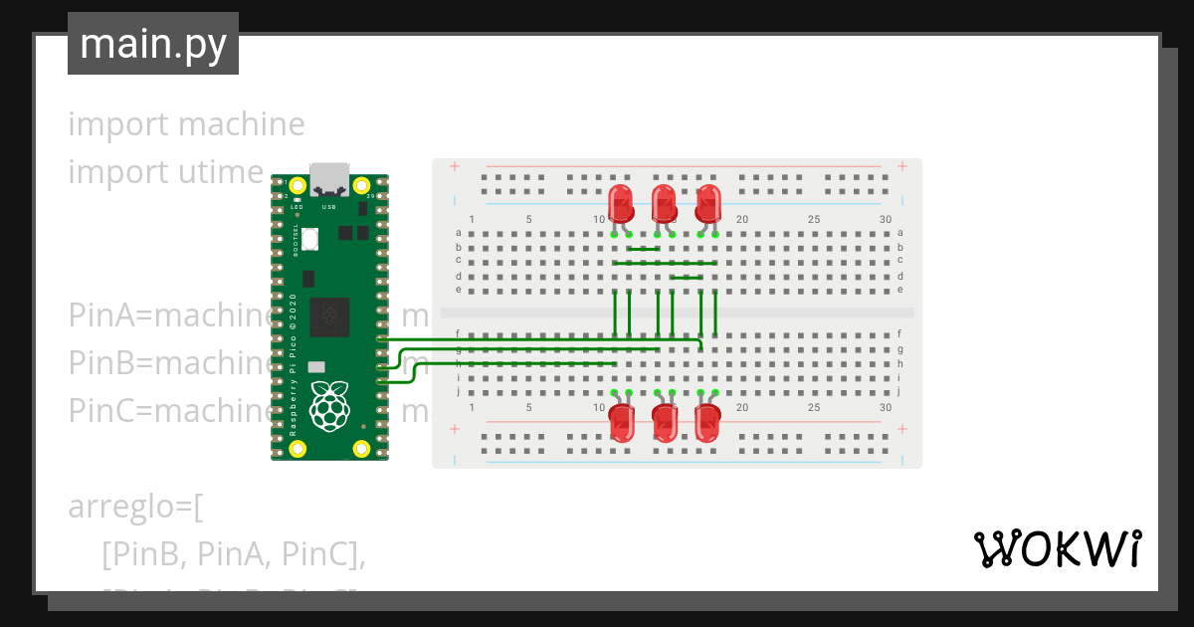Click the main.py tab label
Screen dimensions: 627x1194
pyautogui.click(x=152, y=45)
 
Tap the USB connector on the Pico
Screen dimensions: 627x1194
pyautogui.click(x=329, y=180)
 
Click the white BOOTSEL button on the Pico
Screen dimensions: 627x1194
pyautogui.click(x=310, y=239)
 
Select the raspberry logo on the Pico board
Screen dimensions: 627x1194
pyautogui.click(x=329, y=405)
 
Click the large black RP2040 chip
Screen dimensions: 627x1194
pyautogui.click(x=329, y=316)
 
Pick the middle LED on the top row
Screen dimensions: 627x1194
pyautogui.click(x=665, y=204)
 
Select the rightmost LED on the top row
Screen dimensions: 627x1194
pyautogui.click(x=708, y=204)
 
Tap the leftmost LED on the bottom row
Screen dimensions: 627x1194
pyautogui.click(x=622, y=424)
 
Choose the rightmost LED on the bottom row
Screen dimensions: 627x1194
pyautogui.click(x=707, y=424)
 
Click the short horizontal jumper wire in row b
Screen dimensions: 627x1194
pyautogui.click(x=644, y=249)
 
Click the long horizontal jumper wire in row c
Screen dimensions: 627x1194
pyautogui.click(x=665, y=263)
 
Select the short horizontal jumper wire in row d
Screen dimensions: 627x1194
pyautogui.click(x=687, y=278)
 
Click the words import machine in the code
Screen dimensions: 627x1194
pyautogui.click(x=186, y=124)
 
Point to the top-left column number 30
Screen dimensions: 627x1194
pyautogui.click(x=886, y=220)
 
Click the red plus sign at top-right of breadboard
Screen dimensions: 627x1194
pyautogui.click(x=901, y=166)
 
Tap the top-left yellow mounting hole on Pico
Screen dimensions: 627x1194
pyautogui.click(x=297, y=185)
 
